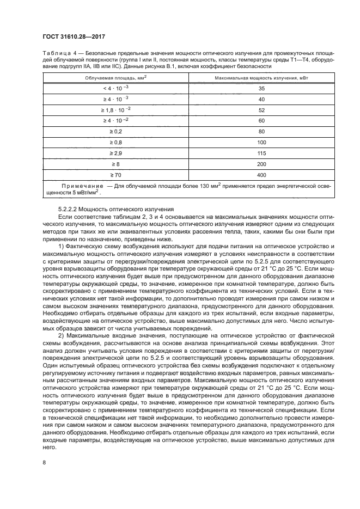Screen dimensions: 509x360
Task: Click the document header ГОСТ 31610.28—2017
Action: click(x=74, y=37)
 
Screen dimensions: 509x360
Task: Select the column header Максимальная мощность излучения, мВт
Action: click(x=261, y=78)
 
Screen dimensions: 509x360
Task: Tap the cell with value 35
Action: click(x=261, y=88)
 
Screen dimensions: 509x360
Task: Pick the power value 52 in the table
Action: click(x=261, y=109)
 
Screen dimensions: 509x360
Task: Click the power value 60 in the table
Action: click(x=261, y=120)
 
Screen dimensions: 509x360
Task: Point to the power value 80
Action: click(x=261, y=131)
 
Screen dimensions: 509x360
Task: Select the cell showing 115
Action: click(x=261, y=153)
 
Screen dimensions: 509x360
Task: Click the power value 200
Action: click(x=261, y=164)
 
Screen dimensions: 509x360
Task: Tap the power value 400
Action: click(x=261, y=175)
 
